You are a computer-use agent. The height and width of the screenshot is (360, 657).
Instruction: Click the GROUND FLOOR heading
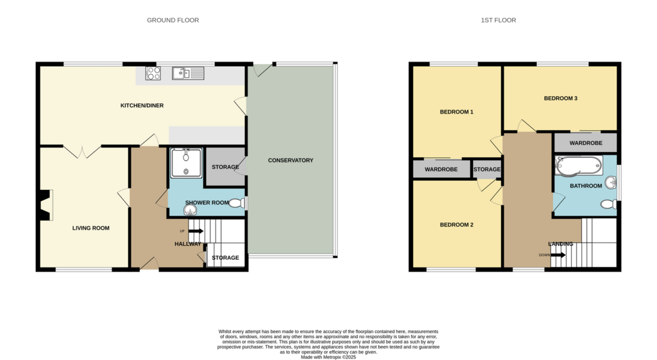click(173, 20)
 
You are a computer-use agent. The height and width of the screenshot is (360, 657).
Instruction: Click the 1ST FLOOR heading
click(498, 20)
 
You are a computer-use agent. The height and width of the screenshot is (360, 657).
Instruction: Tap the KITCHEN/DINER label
click(142, 106)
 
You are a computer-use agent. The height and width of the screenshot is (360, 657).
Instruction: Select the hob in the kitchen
click(153, 73)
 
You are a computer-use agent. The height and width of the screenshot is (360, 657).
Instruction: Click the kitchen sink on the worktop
click(188, 73)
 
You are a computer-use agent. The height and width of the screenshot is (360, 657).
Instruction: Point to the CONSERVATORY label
click(291, 160)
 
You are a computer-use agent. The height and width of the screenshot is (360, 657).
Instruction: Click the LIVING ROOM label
click(91, 228)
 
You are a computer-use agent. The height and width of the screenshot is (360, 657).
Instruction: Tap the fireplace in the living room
click(46, 205)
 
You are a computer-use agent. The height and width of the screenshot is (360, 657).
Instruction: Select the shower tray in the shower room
click(186, 162)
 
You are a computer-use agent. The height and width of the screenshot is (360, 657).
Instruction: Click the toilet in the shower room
click(237, 203)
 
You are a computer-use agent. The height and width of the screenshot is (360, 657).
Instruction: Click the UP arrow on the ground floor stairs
click(196, 231)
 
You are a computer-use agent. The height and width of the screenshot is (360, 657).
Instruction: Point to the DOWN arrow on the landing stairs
click(558, 255)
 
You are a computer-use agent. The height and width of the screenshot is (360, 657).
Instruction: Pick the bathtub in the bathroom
click(579, 166)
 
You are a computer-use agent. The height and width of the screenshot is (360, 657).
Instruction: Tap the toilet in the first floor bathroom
click(608, 205)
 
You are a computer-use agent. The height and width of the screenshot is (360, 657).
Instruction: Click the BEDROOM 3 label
click(561, 98)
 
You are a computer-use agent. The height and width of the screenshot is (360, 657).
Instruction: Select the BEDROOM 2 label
click(456, 225)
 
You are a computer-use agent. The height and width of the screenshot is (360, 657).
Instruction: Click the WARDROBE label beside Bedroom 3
click(586, 143)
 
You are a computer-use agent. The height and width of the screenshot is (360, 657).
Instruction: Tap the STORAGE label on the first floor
click(487, 169)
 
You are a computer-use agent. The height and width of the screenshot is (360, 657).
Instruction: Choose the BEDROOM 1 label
click(456, 112)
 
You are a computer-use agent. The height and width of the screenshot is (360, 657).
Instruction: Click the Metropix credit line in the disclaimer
click(328, 357)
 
